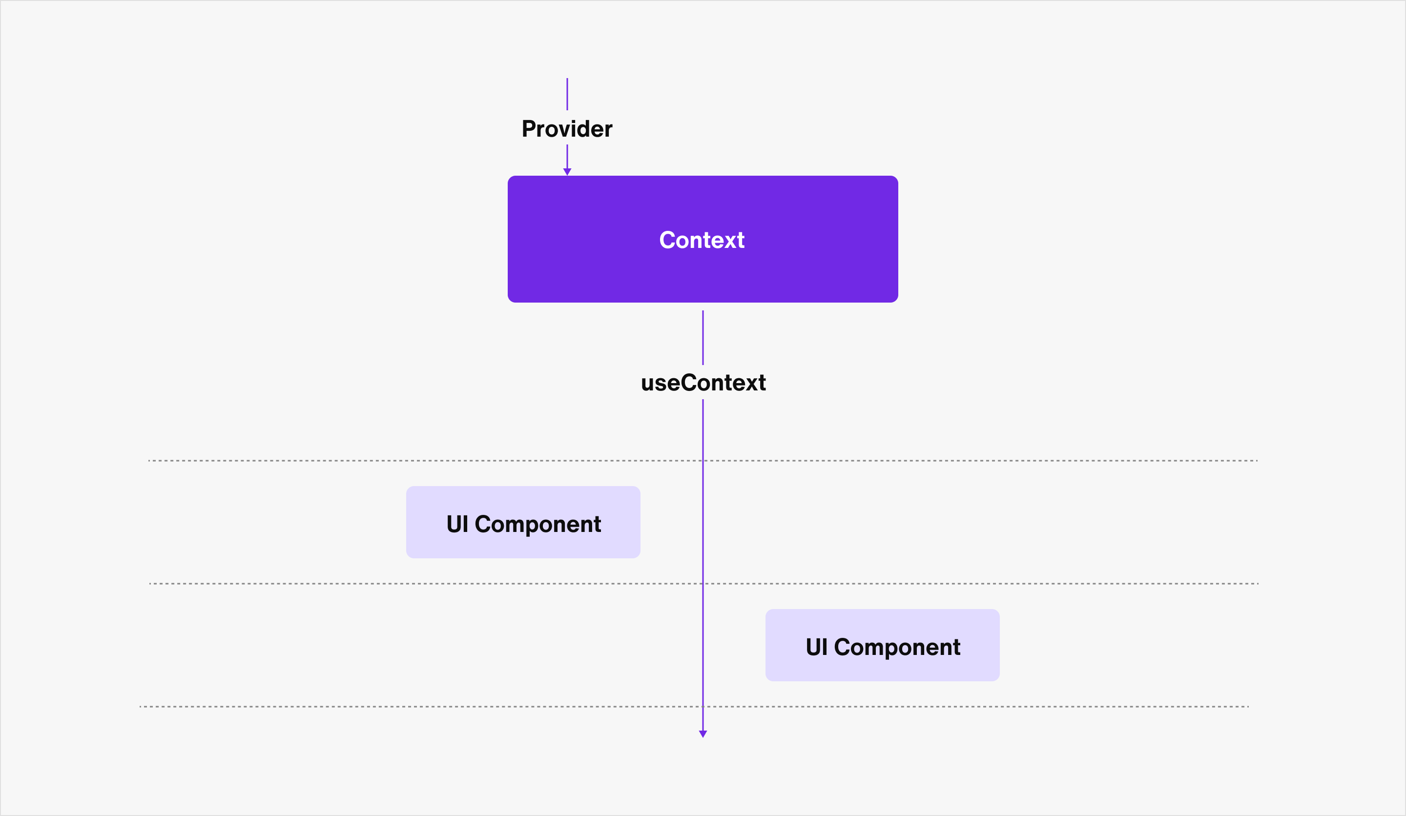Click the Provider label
[567, 129]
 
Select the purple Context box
[703, 239]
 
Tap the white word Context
[702, 240]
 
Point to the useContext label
[703, 383]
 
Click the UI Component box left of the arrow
[523, 522]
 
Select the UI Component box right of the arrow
[882, 645]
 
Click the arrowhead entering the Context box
[567, 172]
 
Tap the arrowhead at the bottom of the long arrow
[703, 734]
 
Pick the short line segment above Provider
[567, 94]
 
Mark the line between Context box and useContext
[703, 337]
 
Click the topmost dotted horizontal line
[703, 461]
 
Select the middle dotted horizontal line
[704, 583]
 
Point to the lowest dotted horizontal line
[694, 707]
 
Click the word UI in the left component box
[457, 524]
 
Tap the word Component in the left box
[538, 525]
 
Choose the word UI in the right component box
[816, 647]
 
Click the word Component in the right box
[897, 648]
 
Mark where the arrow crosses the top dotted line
[703, 461]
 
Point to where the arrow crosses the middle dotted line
[703, 583]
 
